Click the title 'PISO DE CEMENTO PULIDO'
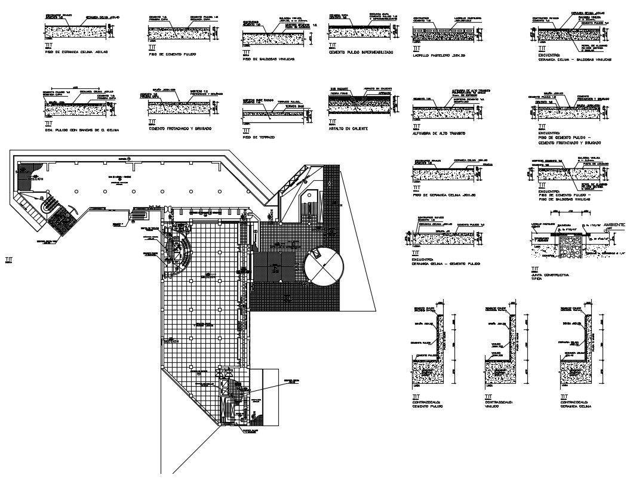tap(173, 54)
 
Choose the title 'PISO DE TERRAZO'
tap(258, 137)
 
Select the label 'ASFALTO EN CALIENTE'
tap(348, 128)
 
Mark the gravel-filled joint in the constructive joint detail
tap(571, 245)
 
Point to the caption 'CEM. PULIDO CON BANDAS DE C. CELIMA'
tap(82, 129)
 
